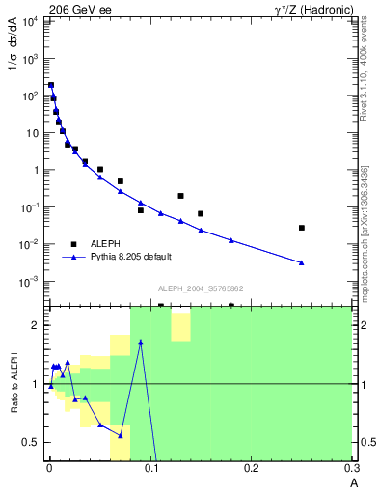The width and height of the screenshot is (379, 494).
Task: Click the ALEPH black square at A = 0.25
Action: (x=302, y=228)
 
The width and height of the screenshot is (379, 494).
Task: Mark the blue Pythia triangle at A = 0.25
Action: (x=302, y=262)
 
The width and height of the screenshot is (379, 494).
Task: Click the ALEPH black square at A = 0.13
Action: (x=180, y=196)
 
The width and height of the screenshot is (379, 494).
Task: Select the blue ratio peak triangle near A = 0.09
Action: (x=141, y=342)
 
